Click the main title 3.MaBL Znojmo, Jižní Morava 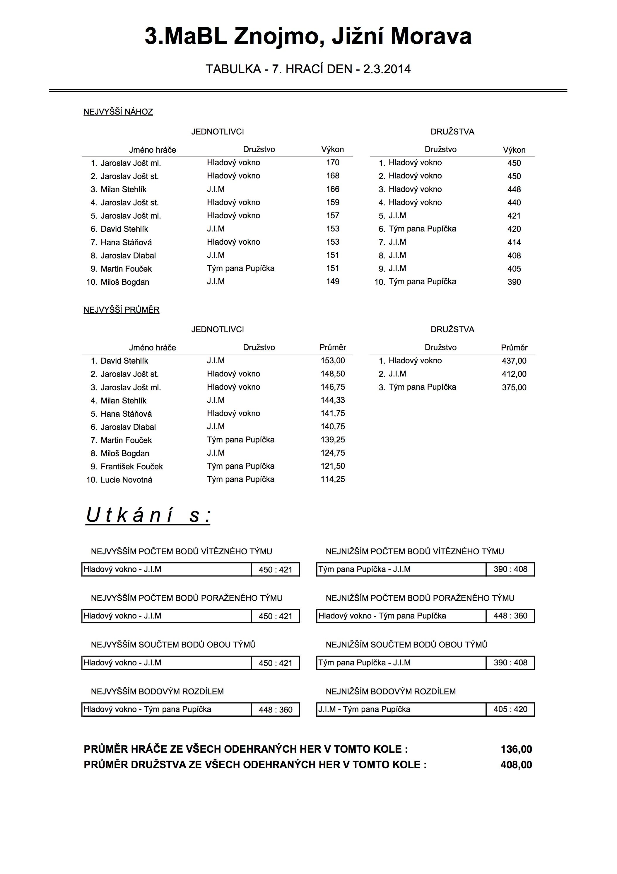[308, 37]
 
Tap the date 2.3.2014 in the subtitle [387, 69]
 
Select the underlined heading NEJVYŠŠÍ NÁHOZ [118, 112]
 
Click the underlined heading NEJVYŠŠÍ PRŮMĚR [121, 310]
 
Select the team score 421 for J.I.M [514, 216]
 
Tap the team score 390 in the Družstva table [514, 282]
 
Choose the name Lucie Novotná [126, 480]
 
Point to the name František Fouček [131, 467]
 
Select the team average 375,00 [514, 388]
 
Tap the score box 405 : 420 [510, 709]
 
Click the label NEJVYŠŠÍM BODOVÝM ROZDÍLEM [157, 691]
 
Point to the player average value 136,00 [516, 749]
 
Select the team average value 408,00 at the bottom [516, 765]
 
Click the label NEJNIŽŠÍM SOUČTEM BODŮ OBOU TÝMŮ [406, 645]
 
